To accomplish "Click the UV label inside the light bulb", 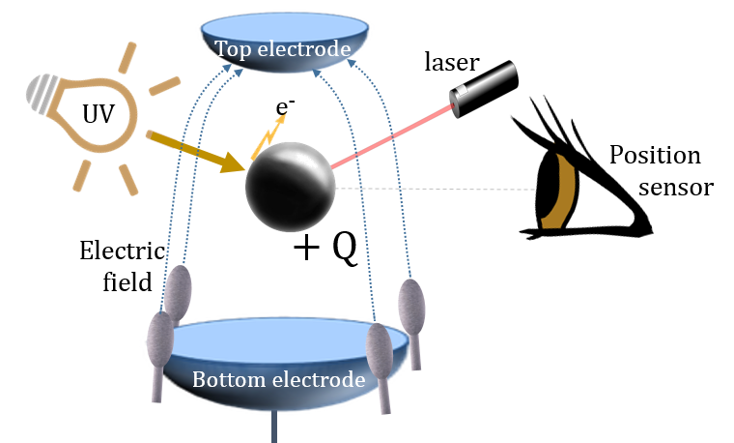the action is click(98, 113).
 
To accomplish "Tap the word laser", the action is click(452, 62).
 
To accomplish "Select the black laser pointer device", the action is click(484, 89).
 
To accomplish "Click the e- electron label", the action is click(285, 106).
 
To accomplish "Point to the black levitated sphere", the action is click(291, 187).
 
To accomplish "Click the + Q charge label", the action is click(325, 249).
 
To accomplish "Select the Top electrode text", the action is click(283, 48).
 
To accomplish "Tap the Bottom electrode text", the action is click(278, 379).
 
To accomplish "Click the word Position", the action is click(655, 155).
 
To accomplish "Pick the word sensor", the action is click(675, 188).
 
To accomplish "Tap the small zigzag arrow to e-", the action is click(268, 137).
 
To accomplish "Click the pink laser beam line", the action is click(392, 136).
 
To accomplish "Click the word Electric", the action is click(123, 251).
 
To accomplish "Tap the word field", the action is click(127, 282).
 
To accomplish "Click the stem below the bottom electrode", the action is click(274, 427).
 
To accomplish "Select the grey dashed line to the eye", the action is click(437, 189).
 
